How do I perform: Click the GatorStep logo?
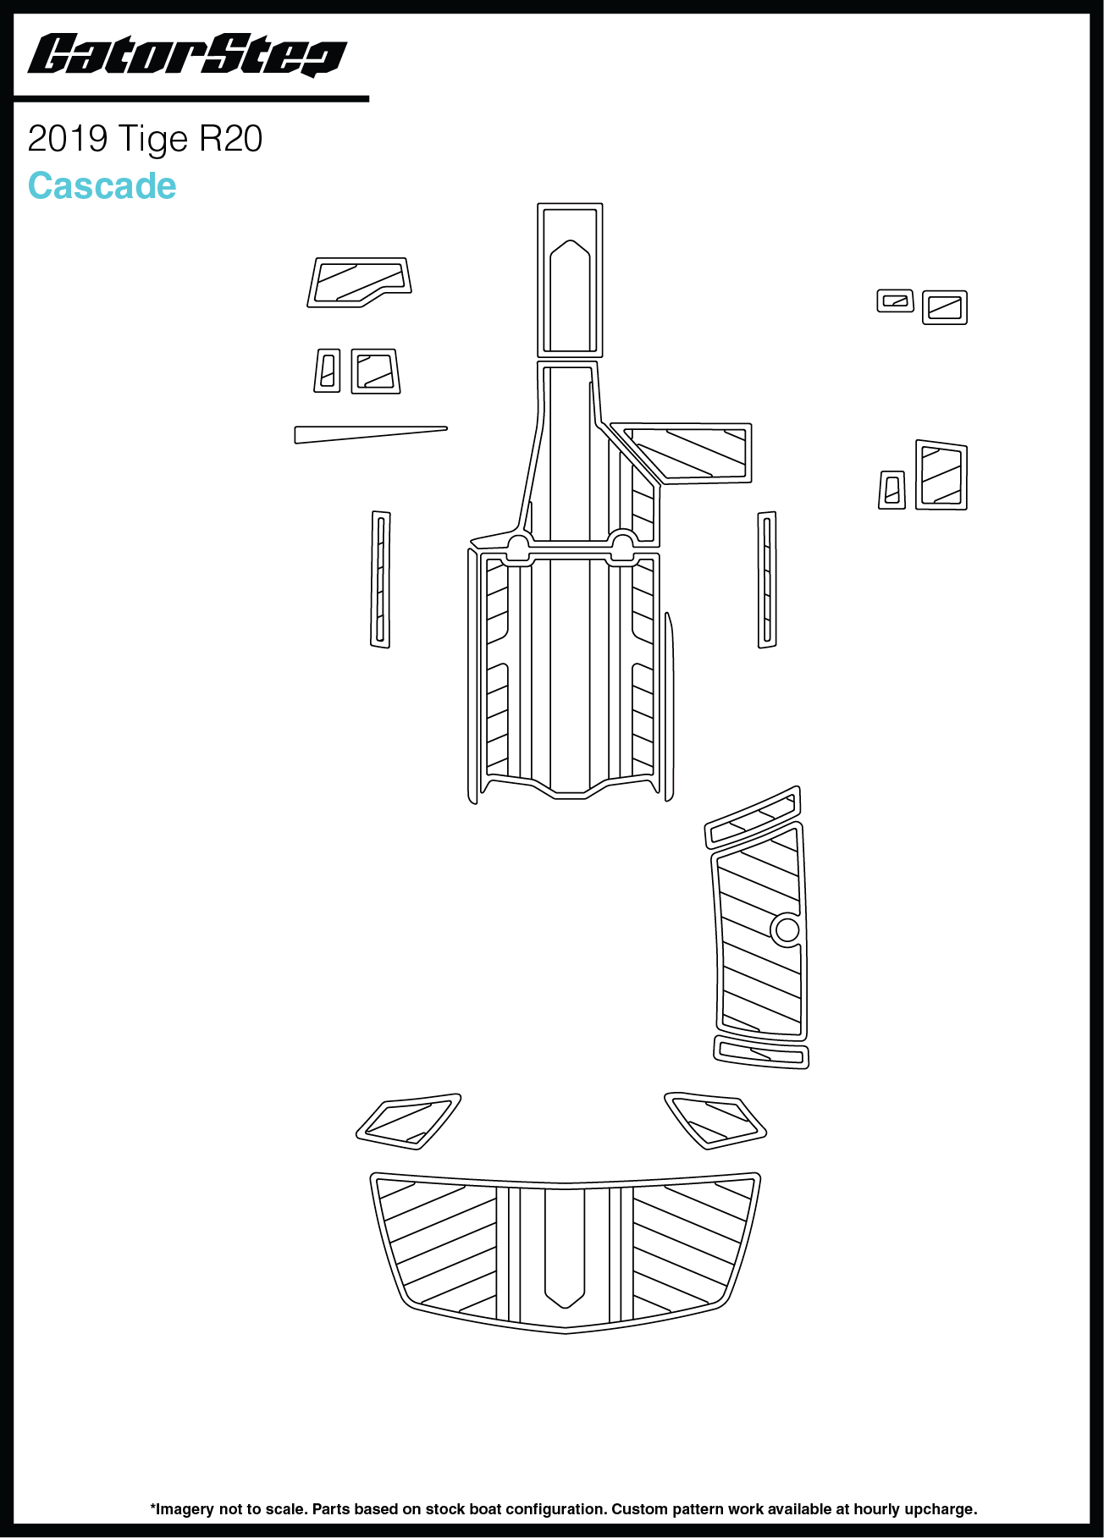[187, 56]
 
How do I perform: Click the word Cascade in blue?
[102, 186]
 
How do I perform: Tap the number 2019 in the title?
[68, 139]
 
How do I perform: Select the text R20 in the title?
[231, 139]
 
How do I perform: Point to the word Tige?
[153, 140]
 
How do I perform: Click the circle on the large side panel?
[787, 929]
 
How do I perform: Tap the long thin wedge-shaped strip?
[371, 434]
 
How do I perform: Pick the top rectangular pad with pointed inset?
[570, 279]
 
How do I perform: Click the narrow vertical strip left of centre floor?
[380, 579]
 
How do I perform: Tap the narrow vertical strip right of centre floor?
[767, 579]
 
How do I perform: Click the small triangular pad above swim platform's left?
[409, 1122]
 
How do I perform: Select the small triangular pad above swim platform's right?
[715, 1120]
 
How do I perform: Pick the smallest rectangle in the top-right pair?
[895, 300]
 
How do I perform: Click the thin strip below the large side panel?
[761, 1051]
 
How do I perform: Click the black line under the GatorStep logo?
[191, 99]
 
